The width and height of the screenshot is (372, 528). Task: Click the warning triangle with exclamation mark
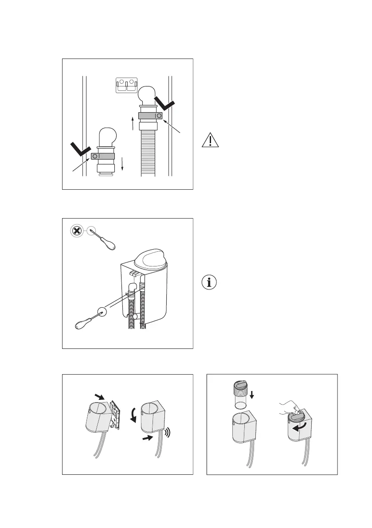point(210,141)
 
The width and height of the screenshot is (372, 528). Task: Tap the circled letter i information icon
point(210,282)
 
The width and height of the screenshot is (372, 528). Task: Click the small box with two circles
point(127,85)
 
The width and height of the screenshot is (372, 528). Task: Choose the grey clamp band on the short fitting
point(103,156)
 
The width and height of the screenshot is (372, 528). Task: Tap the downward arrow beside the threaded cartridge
point(252,394)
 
